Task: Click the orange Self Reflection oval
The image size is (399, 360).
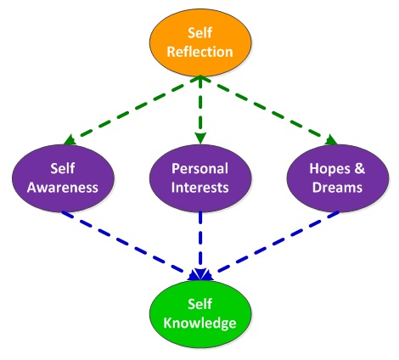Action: pyautogui.click(x=200, y=42)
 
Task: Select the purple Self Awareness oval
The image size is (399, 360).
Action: pyautogui.click(x=63, y=178)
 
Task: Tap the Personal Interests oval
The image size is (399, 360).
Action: pyautogui.click(x=200, y=178)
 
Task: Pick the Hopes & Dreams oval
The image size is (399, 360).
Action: pyautogui.click(x=338, y=178)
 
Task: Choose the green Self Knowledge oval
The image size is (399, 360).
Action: pyautogui.click(x=200, y=314)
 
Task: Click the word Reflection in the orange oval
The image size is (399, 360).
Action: pyautogui.click(x=199, y=52)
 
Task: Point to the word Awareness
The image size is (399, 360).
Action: pyautogui.click(x=63, y=188)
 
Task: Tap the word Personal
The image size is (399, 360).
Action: pyautogui.click(x=199, y=169)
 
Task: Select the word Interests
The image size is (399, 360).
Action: pyautogui.click(x=199, y=188)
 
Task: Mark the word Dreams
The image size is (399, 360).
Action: pyautogui.click(x=337, y=188)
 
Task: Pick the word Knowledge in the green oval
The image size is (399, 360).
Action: pyautogui.click(x=199, y=323)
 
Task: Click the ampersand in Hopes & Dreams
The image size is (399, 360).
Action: pyautogui.click(x=358, y=169)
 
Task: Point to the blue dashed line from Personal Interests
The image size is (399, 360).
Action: pyautogui.click(x=200, y=245)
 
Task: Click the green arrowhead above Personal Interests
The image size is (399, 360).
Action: pyautogui.click(x=200, y=138)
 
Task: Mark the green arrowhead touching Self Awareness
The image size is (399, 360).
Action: pyautogui.click(x=70, y=140)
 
